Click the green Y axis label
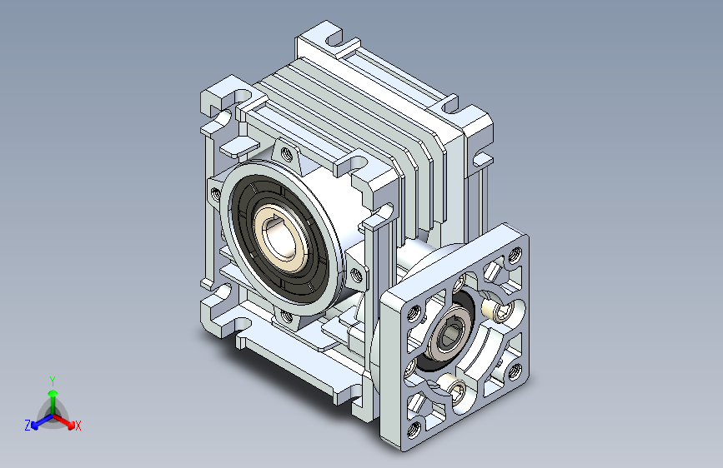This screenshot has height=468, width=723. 53,380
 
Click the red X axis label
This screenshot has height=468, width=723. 78,426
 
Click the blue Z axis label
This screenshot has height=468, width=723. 28,426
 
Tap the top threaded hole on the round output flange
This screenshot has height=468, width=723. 288,154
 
